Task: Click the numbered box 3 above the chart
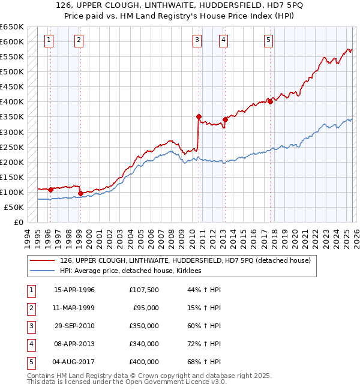(x=197, y=40)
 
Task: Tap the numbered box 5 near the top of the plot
(x=268, y=40)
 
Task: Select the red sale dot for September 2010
(x=199, y=116)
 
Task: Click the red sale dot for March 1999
(x=80, y=193)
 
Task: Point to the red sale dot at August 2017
(x=270, y=101)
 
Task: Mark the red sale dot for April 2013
(x=225, y=119)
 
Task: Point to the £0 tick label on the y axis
(x=18, y=222)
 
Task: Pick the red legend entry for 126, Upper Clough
(x=185, y=260)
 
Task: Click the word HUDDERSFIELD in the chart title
(x=214, y=6)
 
